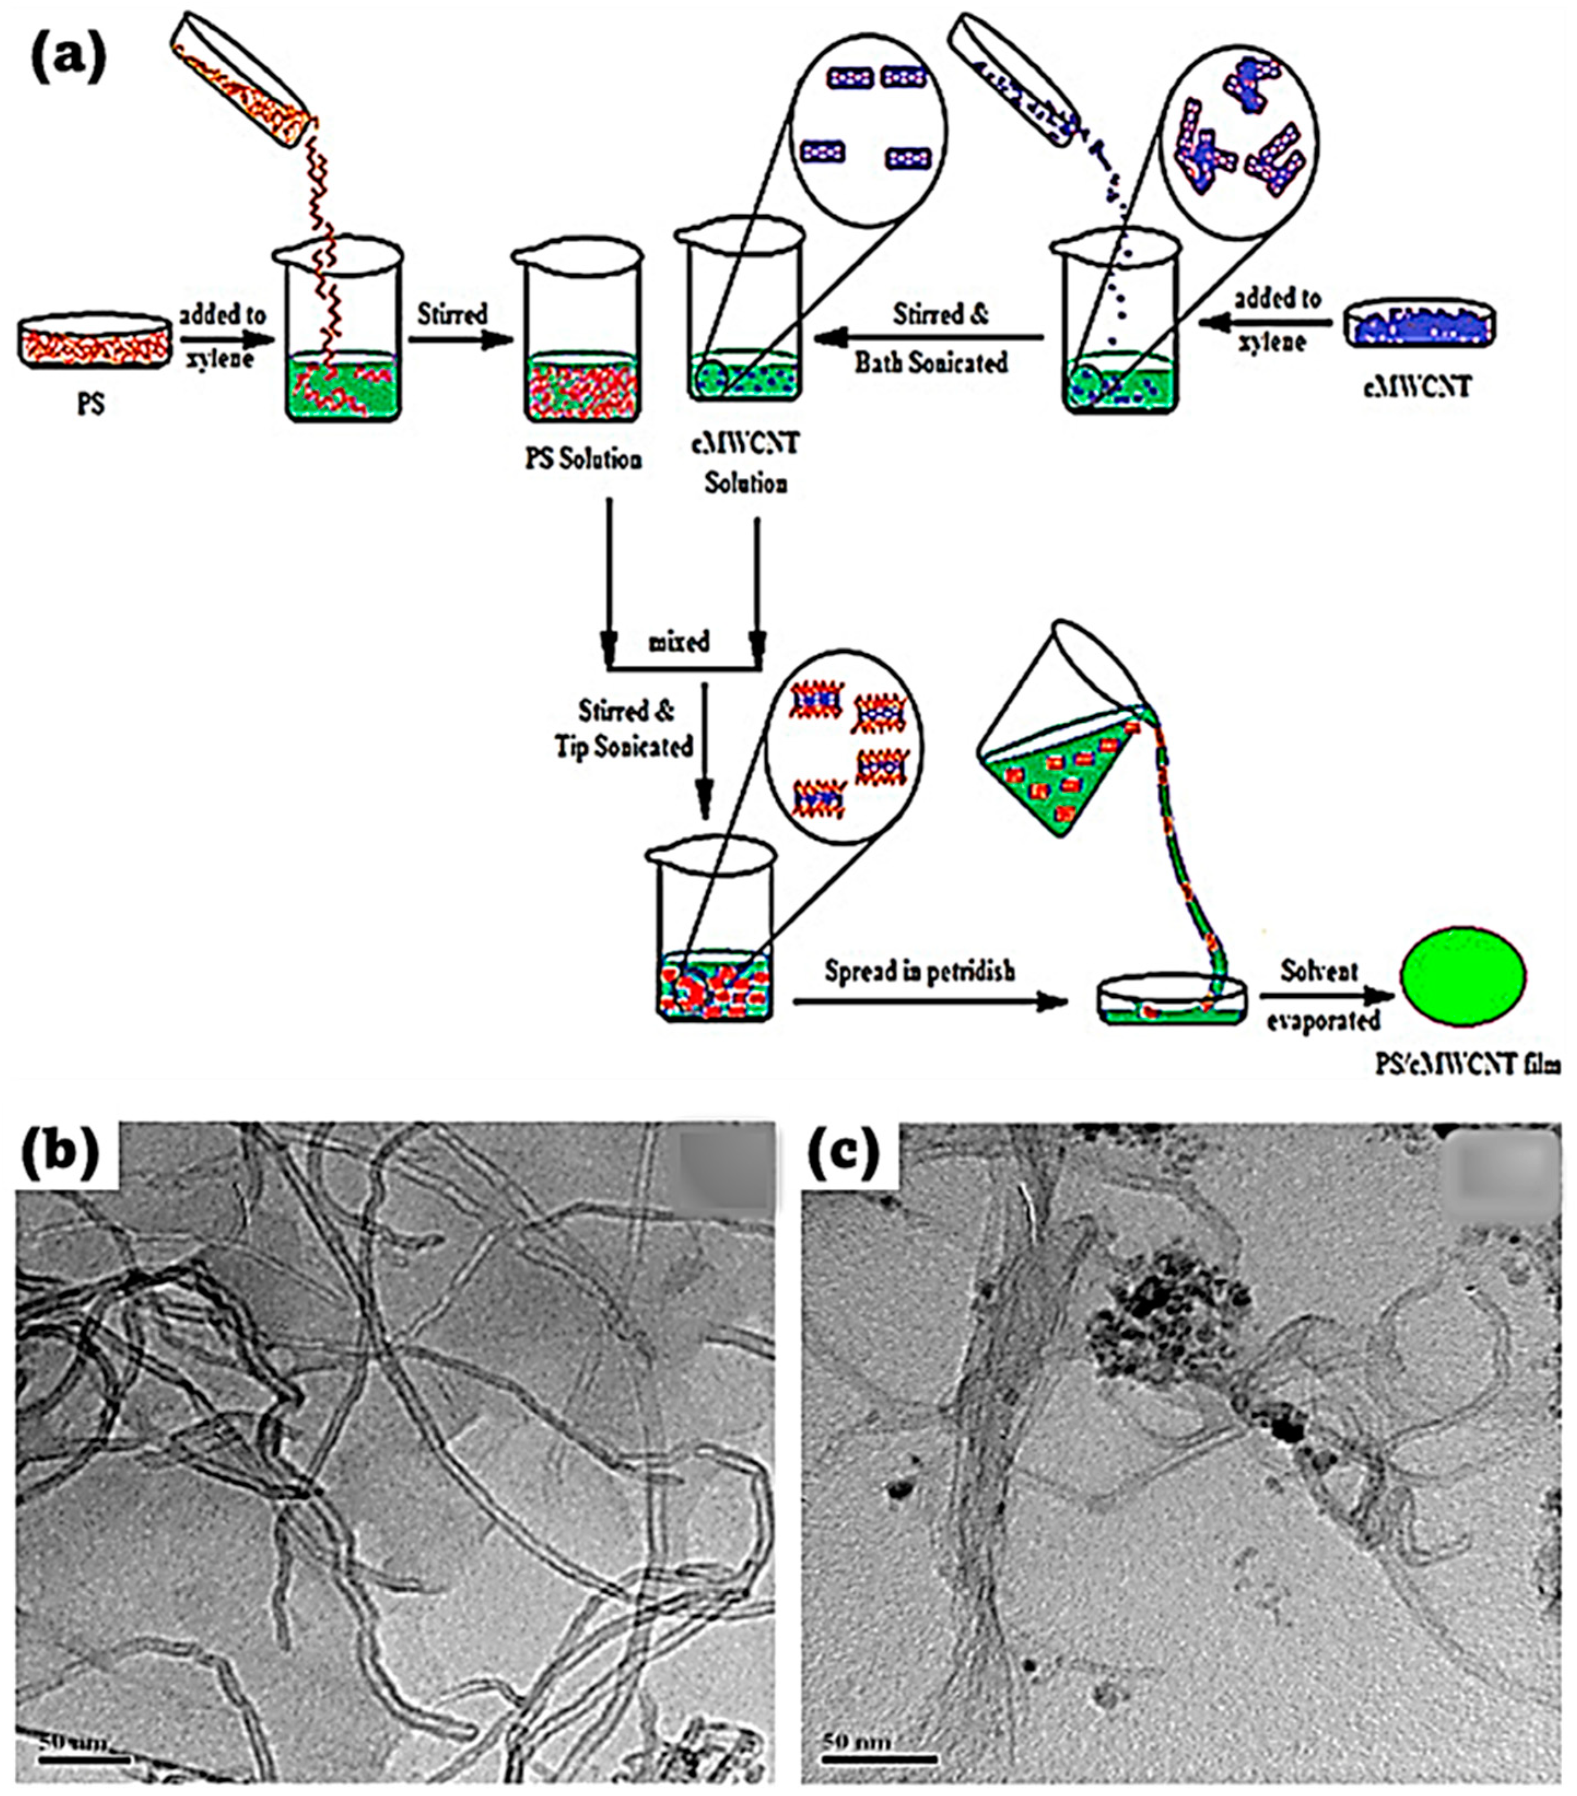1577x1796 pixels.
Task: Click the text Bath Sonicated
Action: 931,362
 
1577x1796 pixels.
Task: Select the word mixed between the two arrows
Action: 679,642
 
